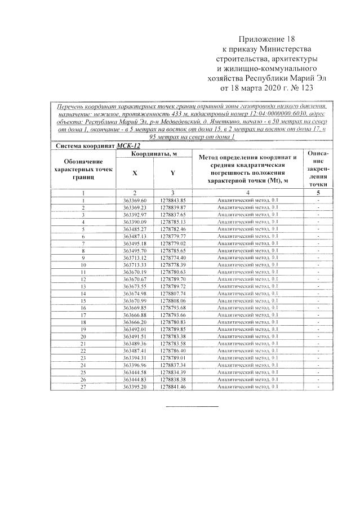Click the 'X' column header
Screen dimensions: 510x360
coord(135,174)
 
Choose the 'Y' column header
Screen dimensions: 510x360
coord(172,174)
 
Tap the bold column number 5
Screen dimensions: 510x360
coord(318,193)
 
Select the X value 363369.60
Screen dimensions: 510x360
coord(135,201)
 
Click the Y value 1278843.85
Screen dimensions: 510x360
coord(172,201)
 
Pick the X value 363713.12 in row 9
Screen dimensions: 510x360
coord(135,258)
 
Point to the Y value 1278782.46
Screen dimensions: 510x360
coord(172,229)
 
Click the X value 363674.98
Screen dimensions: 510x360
coord(135,293)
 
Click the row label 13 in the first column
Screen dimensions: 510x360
coord(83,286)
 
